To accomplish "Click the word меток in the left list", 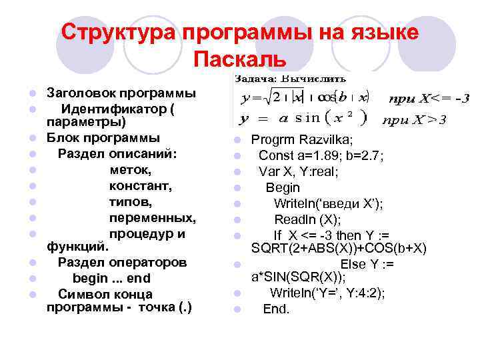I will (128, 170).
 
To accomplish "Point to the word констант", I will (140, 186).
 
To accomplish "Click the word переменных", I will (153, 218).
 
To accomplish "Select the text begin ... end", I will (111, 278).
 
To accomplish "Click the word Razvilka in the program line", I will (328, 139).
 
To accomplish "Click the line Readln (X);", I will (307, 219).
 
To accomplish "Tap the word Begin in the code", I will (283, 187).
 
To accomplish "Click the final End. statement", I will (276, 309).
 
